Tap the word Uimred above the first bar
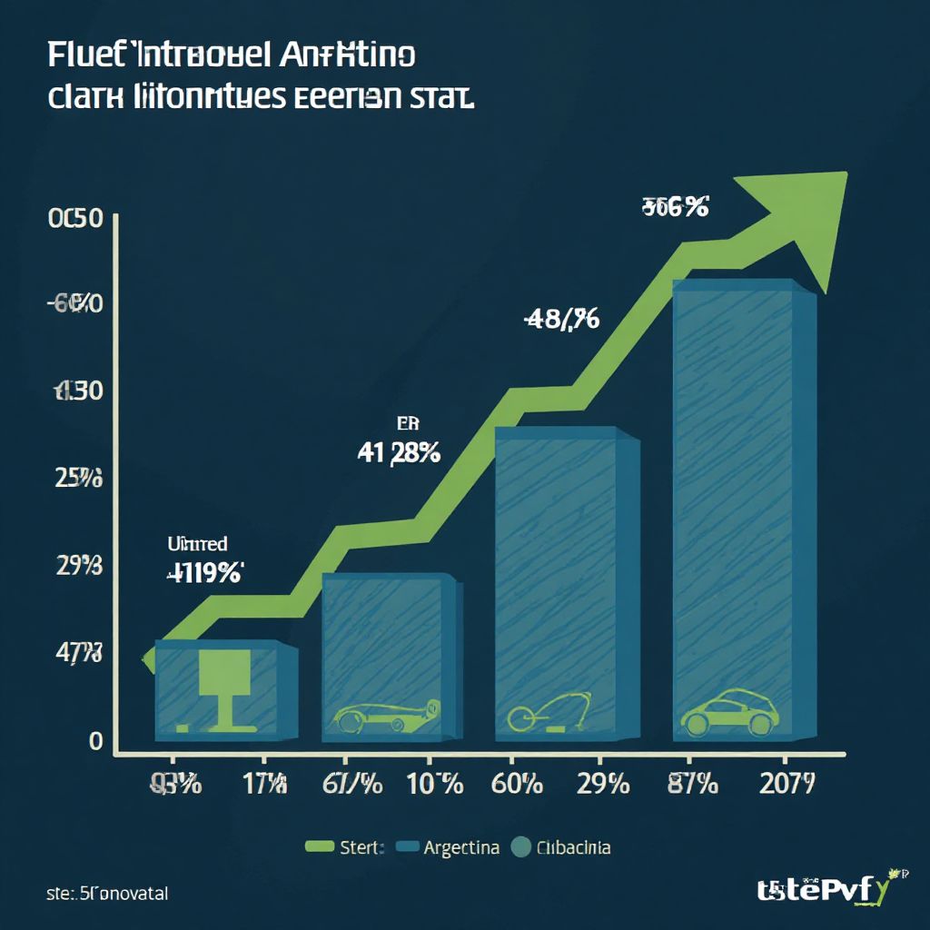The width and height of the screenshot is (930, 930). [x=197, y=544]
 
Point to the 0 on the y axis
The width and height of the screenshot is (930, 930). [x=95, y=742]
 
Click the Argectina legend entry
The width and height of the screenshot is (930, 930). [x=460, y=848]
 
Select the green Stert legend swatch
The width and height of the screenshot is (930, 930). [x=319, y=848]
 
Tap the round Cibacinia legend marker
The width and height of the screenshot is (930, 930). [x=520, y=848]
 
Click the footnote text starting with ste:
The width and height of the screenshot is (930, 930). [x=107, y=894]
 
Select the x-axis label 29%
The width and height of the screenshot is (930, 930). [x=603, y=783]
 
